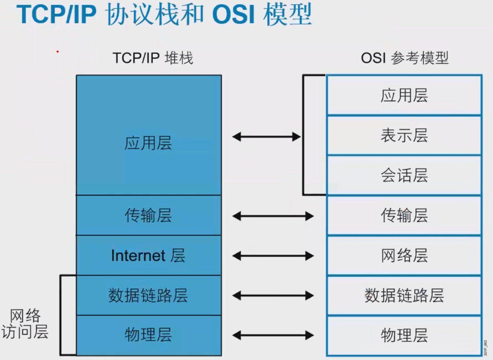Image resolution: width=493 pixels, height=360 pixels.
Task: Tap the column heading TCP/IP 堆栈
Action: [153, 58]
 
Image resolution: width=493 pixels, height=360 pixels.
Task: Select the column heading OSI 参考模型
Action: [404, 58]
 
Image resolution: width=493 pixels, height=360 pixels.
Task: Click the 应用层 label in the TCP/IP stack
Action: [148, 143]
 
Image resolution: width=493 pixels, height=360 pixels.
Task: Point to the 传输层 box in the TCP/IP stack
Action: [148, 215]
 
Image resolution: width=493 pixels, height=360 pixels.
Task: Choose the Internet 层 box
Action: [148, 255]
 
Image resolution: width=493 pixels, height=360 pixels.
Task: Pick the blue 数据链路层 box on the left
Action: [148, 295]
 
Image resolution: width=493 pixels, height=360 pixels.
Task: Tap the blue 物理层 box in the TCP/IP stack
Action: [148, 335]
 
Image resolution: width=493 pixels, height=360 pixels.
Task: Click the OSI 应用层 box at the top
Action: [404, 95]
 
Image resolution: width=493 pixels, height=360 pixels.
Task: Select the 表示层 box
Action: [404, 135]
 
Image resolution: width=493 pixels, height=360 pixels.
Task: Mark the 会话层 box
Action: [404, 175]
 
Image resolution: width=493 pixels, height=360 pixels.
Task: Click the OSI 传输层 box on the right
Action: [404, 215]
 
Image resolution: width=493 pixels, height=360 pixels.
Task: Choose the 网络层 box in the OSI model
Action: [404, 255]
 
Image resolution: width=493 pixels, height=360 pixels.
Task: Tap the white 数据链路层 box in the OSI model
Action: [404, 295]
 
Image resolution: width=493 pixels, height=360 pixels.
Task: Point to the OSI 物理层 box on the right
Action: [404, 335]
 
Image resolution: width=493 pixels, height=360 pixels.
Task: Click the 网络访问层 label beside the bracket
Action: [25, 324]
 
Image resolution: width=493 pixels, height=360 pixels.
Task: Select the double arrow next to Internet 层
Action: [273, 256]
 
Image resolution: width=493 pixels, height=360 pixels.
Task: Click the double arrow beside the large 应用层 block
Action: [266, 137]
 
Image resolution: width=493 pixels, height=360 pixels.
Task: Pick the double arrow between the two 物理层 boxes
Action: [273, 335]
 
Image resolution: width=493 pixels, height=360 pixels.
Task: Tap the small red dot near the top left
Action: [57, 51]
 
